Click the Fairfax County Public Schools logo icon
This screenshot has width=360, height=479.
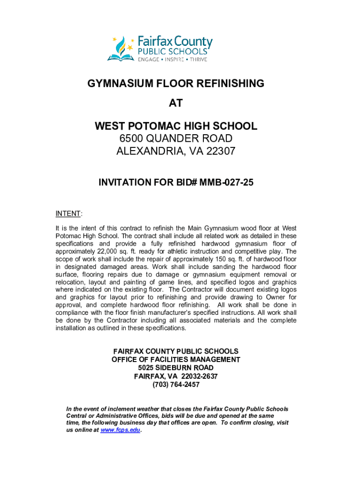[x=121, y=48]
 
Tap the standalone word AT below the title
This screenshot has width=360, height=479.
[x=176, y=103]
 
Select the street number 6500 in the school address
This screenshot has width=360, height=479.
[x=131, y=138]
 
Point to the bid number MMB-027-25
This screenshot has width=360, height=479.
[x=226, y=182]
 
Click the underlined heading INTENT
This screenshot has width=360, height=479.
[x=68, y=214]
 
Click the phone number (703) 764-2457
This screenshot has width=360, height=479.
[x=176, y=385]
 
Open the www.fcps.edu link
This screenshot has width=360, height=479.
[x=120, y=429]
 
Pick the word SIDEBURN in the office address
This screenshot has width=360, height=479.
[x=171, y=368]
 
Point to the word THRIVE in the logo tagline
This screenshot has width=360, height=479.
[x=198, y=59]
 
